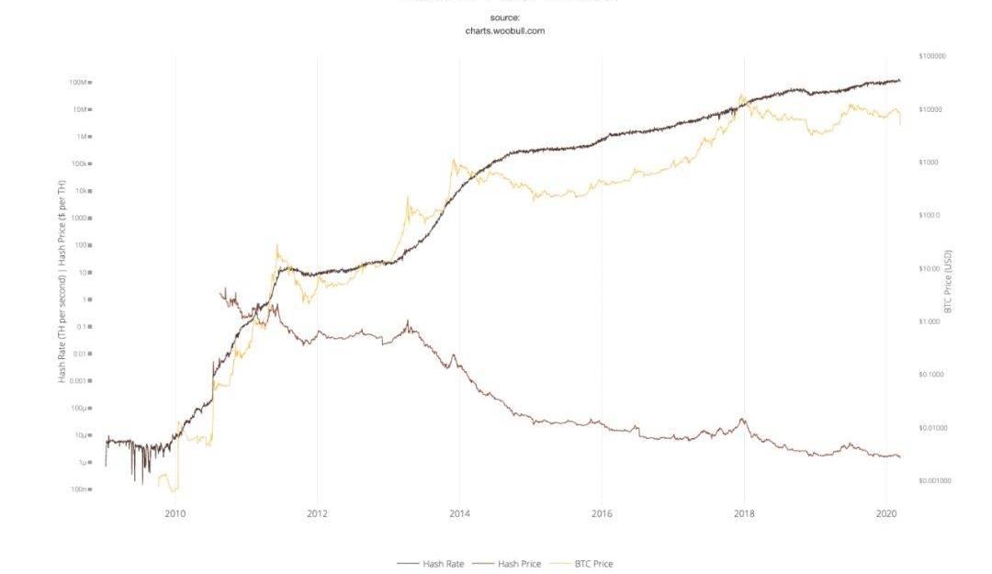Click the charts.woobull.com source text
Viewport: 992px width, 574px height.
click(505, 30)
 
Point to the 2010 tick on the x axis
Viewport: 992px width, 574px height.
click(175, 512)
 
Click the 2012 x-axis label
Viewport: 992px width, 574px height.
click(317, 512)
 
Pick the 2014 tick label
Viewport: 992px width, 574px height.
click(459, 512)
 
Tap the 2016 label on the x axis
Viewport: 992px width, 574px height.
click(602, 512)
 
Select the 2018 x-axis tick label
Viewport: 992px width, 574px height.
click(744, 512)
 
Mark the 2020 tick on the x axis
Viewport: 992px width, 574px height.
click(885, 512)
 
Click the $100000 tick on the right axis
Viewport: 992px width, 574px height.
click(931, 57)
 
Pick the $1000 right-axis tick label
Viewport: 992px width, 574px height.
click(928, 163)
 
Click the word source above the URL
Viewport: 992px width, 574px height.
click(505, 17)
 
